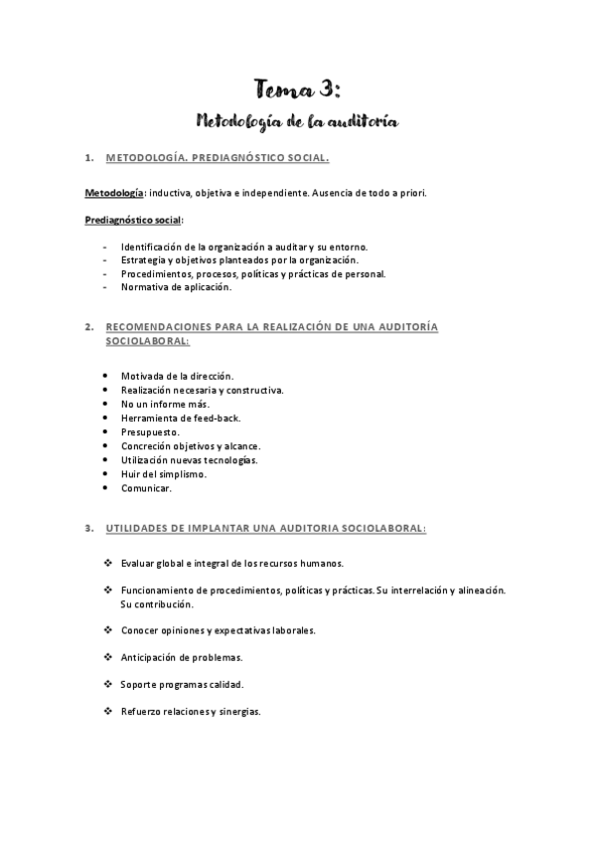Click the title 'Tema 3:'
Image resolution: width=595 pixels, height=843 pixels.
pos(296,89)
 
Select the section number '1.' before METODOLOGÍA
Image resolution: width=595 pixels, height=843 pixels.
pos(88,157)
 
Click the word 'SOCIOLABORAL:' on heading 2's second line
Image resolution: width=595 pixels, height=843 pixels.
pos(147,340)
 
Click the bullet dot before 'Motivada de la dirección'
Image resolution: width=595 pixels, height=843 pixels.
pos(106,376)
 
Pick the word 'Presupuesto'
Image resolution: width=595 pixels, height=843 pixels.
pos(150,432)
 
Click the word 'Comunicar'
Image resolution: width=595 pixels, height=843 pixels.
pos(145,488)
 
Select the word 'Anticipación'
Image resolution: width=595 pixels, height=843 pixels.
pos(154,657)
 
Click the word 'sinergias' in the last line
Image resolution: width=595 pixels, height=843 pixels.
pos(237,712)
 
